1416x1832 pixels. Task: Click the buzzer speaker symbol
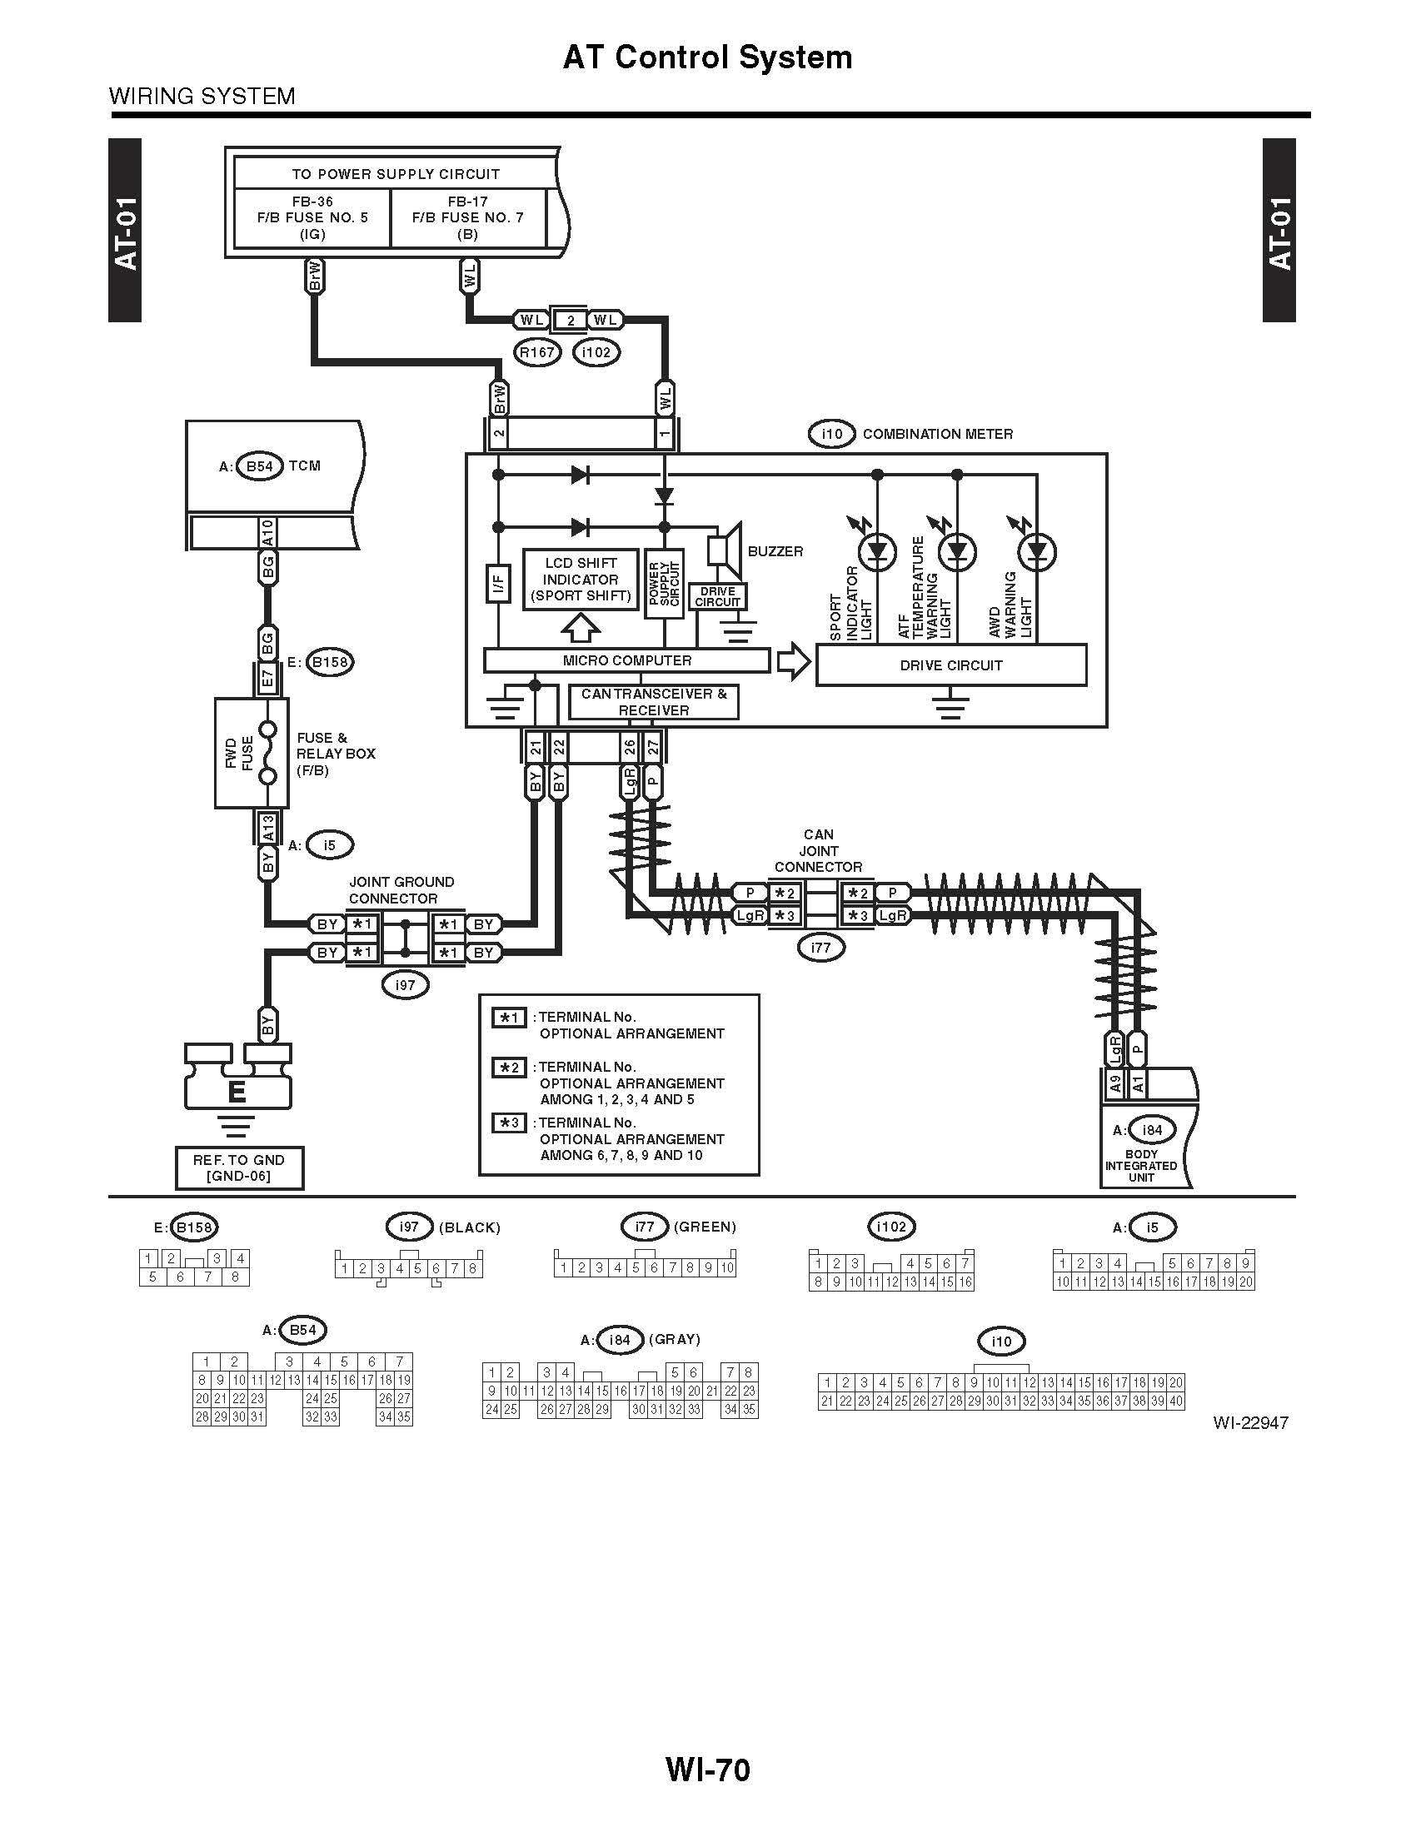point(726,550)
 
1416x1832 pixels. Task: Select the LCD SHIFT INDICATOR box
point(581,580)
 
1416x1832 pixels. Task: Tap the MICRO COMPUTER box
point(626,660)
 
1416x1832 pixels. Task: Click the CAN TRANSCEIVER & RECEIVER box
point(654,702)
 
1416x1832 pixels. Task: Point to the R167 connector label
point(537,352)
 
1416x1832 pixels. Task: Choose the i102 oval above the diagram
point(596,352)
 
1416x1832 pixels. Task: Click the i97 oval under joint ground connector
point(405,985)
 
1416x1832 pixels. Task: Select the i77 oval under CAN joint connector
point(820,948)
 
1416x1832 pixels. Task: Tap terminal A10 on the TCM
point(267,533)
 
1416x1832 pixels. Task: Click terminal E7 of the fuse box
point(267,678)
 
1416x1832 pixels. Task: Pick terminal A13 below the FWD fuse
point(267,829)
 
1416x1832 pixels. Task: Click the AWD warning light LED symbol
point(1037,552)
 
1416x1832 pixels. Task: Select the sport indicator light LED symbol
point(877,552)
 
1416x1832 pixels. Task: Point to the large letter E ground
point(237,1092)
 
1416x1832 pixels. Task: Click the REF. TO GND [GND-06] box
point(239,1167)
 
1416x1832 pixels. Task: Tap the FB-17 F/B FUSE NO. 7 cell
point(467,217)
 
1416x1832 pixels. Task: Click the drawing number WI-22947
point(1250,1422)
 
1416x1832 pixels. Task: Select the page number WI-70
point(707,1770)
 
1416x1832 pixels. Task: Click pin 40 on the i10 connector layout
point(1176,1401)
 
